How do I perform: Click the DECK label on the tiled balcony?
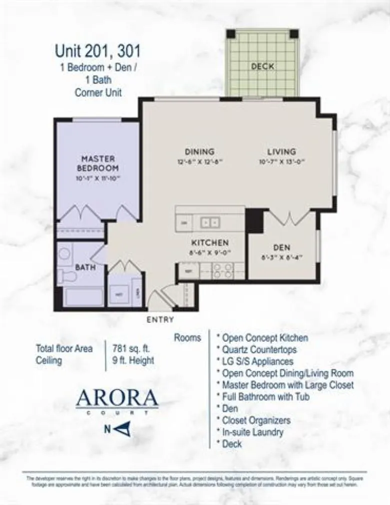262,66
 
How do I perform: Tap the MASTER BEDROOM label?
98,163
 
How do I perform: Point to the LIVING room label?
281,151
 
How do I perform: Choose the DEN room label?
281,248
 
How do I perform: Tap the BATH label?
85,267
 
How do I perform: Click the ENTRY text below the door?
160,319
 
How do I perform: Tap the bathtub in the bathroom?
84,297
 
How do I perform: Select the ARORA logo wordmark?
117,398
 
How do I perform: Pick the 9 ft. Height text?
133,360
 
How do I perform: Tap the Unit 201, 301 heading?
97,51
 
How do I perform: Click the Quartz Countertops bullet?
256,349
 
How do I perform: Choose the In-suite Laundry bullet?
253,432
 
